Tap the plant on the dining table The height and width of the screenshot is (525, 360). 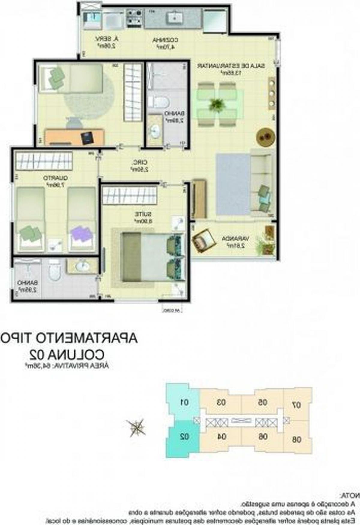(x=217, y=104)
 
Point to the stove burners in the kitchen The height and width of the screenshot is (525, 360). (x=134, y=17)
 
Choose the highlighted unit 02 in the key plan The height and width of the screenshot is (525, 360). (x=184, y=437)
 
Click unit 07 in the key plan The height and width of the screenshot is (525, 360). (x=297, y=405)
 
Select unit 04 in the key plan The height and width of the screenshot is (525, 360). (x=222, y=437)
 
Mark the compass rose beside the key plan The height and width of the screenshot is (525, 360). (x=136, y=427)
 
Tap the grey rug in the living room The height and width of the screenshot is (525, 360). (x=232, y=184)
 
